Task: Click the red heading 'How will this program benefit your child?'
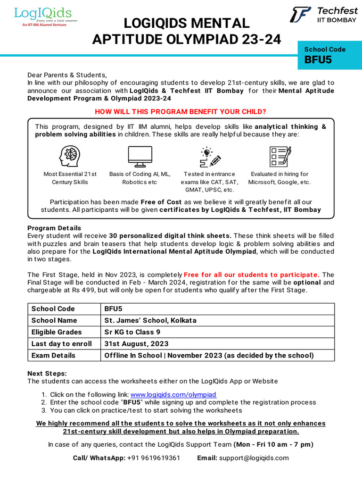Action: pos(181,111)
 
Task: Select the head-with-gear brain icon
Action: pos(70,157)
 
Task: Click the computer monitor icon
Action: pos(140,157)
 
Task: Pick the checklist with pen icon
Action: pos(280,157)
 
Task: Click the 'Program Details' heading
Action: pos(54,228)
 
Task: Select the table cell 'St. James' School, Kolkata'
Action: pos(150,320)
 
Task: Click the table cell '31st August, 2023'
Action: pos(136,343)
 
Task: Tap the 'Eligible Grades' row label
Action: pos(57,332)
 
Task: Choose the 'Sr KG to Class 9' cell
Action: pos(132,332)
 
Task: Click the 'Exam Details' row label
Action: pos(53,355)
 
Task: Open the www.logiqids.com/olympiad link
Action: pos(173,394)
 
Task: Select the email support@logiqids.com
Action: pos(254,458)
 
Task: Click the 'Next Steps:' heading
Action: pos(47,373)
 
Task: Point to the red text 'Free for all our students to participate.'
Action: pos(252,275)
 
